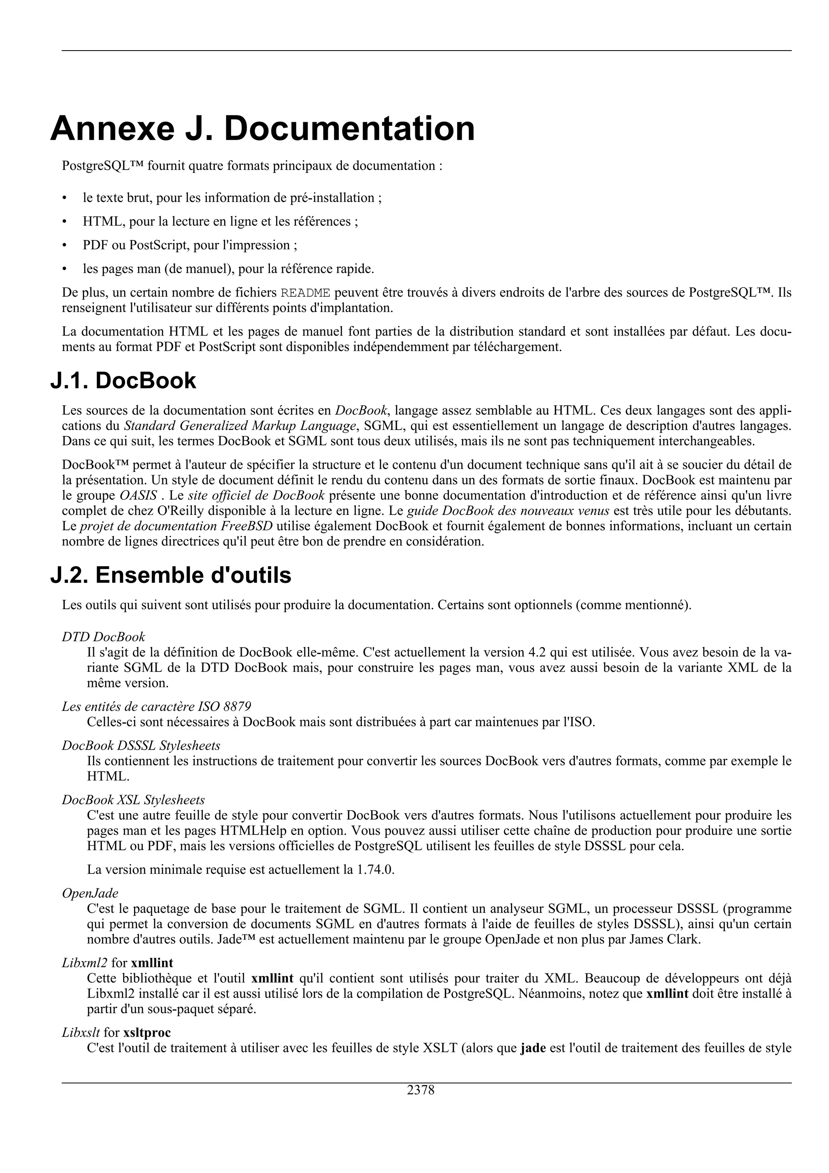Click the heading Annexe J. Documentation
click(x=263, y=129)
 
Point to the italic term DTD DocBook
click(x=103, y=637)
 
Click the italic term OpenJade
click(x=90, y=893)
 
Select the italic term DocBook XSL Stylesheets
click(x=133, y=799)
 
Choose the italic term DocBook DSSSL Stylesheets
click(x=141, y=746)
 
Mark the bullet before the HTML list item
click(x=64, y=222)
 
